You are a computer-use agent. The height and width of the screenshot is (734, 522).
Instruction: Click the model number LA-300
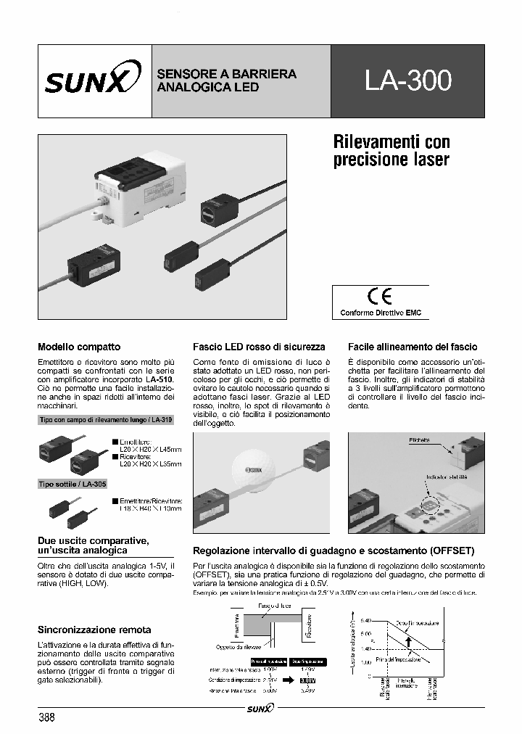tap(408, 81)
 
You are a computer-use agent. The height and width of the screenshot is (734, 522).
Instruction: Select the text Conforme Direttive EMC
tap(381, 313)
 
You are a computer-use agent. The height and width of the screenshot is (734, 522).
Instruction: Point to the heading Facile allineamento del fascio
tap(412, 347)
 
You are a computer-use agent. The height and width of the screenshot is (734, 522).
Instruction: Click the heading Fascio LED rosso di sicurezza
tap(258, 347)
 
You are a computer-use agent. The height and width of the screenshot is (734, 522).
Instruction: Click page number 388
tap(46, 717)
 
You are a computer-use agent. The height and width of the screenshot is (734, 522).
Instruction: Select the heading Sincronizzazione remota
tap(94, 630)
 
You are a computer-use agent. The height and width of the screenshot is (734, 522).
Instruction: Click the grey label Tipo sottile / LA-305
tap(72, 484)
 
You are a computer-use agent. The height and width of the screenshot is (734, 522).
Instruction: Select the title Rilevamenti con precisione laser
tap(391, 150)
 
